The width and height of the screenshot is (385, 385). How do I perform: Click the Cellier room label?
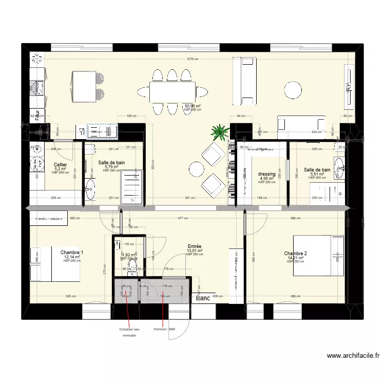tap(60, 165)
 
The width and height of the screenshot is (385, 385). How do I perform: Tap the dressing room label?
tap(267, 174)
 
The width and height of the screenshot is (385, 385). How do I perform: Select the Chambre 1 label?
tap(72, 253)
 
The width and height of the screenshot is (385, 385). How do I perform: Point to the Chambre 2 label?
tap(295, 254)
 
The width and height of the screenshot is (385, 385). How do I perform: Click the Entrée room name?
tap(195, 246)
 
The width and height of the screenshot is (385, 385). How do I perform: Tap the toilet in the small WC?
tap(132, 265)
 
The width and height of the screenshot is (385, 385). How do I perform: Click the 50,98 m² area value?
tap(192, 106)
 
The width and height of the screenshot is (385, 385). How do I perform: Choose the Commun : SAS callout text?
tap(164, 330)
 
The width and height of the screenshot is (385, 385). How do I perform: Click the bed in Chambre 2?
tap(318, 255)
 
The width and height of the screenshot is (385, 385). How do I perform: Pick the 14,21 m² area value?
tap(295, 258)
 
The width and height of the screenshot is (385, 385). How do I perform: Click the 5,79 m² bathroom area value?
tap(111, 167)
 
